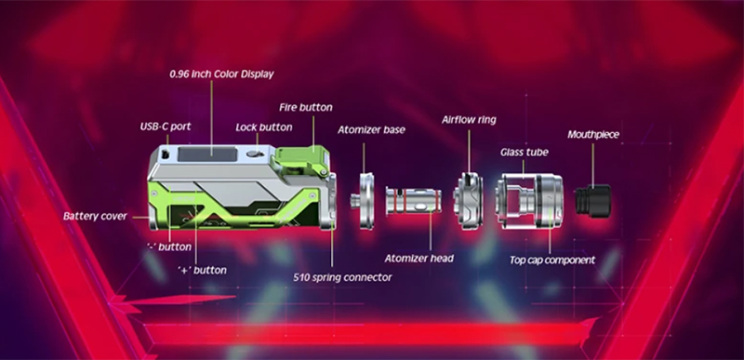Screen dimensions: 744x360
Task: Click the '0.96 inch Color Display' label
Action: pyautogui.click(x=221, y=74)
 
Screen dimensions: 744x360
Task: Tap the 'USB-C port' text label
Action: pyautogui.click(x=166, y=127)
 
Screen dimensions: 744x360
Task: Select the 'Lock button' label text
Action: pyautogui.click(x=264, y=127)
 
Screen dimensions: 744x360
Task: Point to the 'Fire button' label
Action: pyautogui.click(x=306, y=107)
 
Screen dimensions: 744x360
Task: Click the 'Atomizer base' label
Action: pyautogui.click(x=371, y=129)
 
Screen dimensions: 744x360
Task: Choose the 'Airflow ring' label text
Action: pyautogui.click(x=469, y=119)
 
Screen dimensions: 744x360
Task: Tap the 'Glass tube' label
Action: pyautogui.click(x=525, y=153)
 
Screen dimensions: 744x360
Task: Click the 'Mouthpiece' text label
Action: pyautogui.click(x=593, y=135)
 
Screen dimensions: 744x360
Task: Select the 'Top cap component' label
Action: pyautogui.click(x=552, y=260)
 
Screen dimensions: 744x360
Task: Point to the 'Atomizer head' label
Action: pyautogui.click(x=419, y=259)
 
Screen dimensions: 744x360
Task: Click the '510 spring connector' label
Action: pyautogui.click(x=342, y=277)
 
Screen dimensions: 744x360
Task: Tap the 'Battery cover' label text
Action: pyautogui.click(x=96, y=217)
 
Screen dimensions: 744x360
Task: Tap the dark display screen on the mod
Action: pyautogui.click(x=206, y=154)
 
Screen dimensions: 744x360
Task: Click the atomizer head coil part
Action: pyautogui.click(x=413, y=200)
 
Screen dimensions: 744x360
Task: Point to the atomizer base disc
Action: pyautogui.click(x=365, y=201)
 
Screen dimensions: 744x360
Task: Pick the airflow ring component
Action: pyautogui.click(x=469, y=201)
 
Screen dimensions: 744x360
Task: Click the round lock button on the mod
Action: pyautogui.click(x=255, y=153)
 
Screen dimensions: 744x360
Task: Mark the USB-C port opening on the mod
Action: pyautogui.click(x=166, y=154)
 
